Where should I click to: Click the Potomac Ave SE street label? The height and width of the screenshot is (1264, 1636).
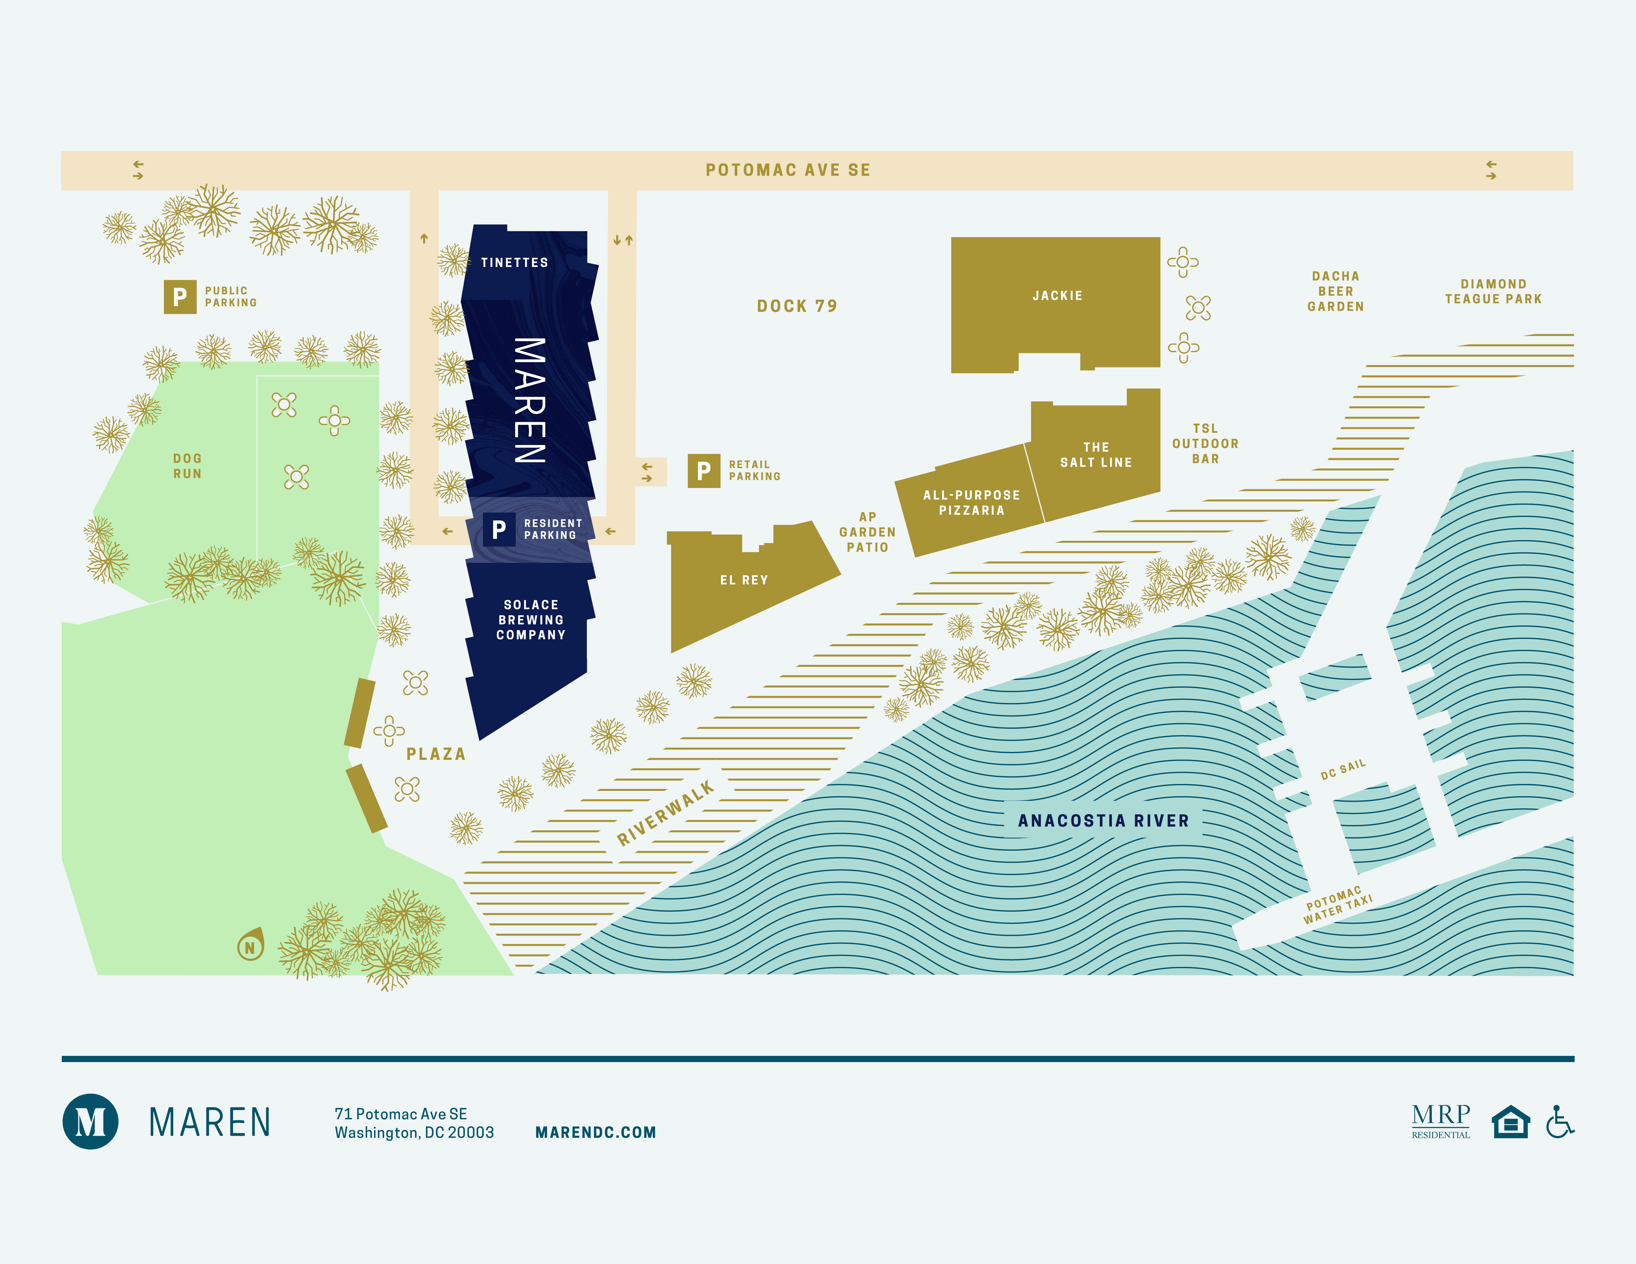tap(788, 170)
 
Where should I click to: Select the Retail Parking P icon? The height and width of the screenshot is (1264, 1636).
tap(704, 470)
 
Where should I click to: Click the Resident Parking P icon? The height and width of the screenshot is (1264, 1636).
tap(499, 529)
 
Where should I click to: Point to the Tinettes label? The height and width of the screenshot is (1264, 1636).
tap(514, 262)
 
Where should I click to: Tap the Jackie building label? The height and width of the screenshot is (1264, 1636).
tap(1057, 296)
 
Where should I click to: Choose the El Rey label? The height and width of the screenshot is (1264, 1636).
tap(744, 579)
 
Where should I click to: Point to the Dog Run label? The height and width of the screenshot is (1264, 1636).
tap(187, 466)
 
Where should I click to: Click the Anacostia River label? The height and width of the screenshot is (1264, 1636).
tap(1103, 821)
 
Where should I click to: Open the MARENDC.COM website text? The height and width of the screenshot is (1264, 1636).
tap(595, 1132)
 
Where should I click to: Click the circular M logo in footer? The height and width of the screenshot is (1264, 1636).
tap(90, 1121)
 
